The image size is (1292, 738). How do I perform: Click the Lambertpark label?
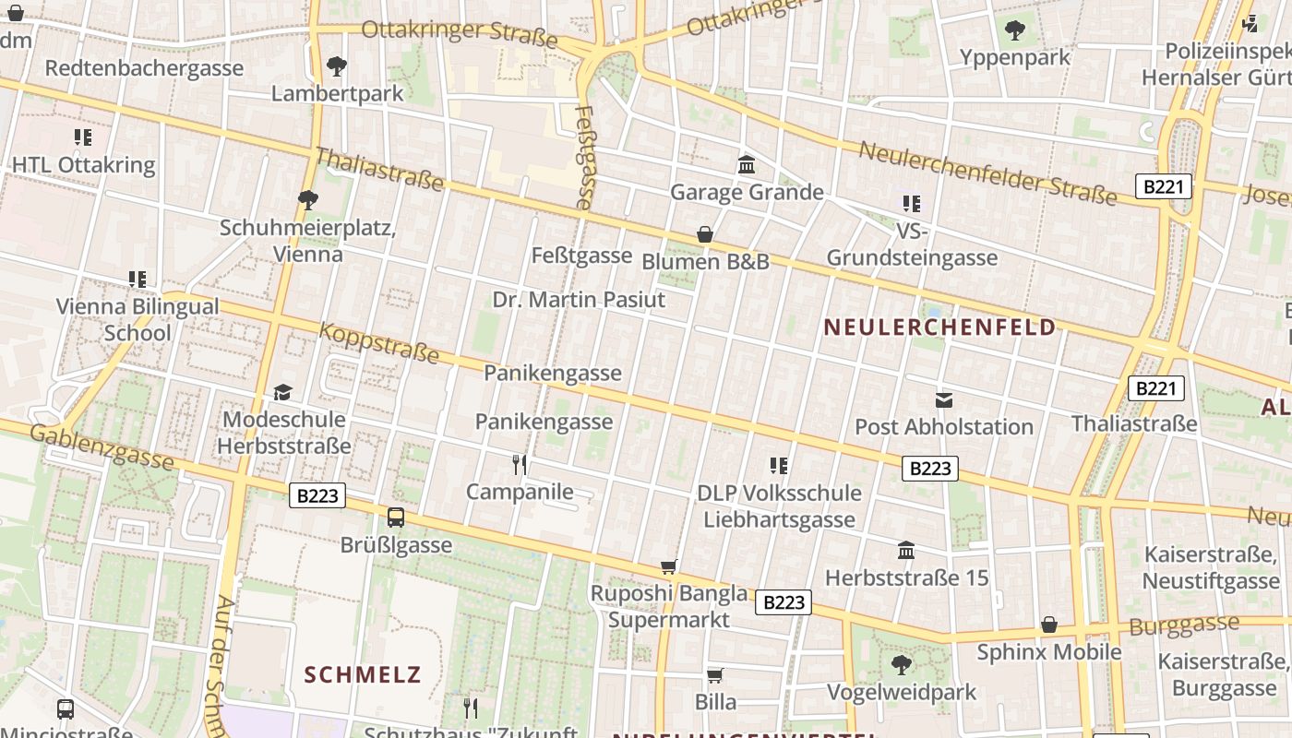point(337,93)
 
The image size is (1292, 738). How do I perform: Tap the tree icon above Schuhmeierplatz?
point(308,199)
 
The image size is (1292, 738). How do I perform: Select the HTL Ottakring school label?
point(83,165)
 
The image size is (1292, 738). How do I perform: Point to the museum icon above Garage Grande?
point(747,165)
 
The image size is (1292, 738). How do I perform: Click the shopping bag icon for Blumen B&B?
point(705,234)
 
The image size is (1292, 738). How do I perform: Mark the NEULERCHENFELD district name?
point(939,327)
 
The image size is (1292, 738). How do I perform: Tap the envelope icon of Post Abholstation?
point(944,400)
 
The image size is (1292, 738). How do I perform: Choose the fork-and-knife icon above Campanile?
point(520,464)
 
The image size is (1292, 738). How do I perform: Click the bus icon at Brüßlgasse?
point(396,518)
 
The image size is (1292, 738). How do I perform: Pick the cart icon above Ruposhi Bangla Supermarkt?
point(669,566)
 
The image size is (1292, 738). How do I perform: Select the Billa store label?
point(715,702)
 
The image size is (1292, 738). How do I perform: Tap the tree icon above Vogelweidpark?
point(901,664)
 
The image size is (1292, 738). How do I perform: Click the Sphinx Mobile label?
point(1049,652)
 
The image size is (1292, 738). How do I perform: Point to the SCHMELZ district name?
point(363,674)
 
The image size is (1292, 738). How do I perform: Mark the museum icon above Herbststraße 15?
point(906,551)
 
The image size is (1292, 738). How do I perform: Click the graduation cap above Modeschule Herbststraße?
point(282,393)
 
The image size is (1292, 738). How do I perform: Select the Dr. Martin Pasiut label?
point(579,300)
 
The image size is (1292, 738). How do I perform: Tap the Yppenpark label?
point(1014,57)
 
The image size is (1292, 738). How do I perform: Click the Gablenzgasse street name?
point(102,446)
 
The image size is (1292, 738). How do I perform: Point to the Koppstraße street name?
point(379,342)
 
